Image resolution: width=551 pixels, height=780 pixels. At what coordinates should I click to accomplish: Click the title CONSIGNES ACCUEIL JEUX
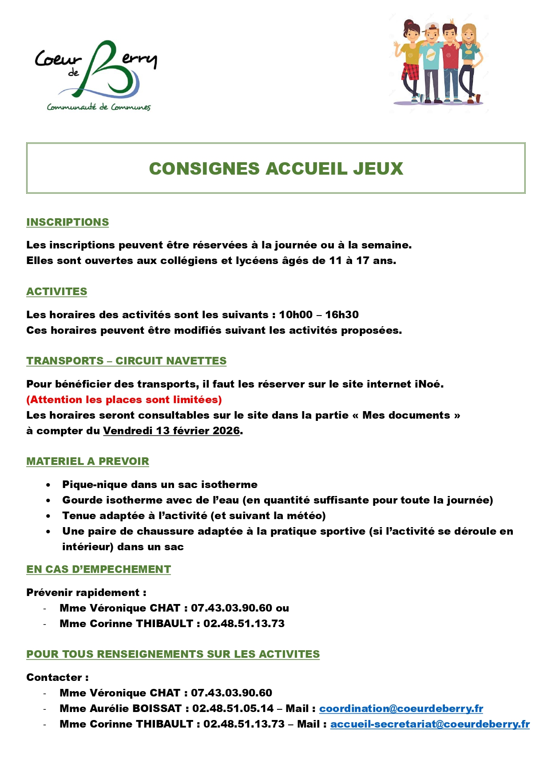click(276, 168)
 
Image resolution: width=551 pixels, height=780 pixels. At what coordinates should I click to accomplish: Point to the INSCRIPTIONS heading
click(67, 222)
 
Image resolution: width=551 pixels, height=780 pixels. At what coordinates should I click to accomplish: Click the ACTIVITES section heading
click(57, 292)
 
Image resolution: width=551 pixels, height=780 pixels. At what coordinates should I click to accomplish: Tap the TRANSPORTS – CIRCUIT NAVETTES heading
click(126, 361)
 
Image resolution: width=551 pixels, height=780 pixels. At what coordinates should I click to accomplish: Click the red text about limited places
click(124, 400)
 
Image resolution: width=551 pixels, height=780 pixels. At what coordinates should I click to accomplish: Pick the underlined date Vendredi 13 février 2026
click(171, 431)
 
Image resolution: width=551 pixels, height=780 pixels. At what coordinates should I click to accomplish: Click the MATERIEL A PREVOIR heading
click(87, 461)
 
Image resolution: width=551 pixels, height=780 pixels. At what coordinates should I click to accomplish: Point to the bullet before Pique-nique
click(48, 485)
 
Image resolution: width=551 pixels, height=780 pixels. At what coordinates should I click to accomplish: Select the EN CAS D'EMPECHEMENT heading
click(99, 569)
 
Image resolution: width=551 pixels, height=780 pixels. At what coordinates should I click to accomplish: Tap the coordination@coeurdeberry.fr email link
click(401, 708)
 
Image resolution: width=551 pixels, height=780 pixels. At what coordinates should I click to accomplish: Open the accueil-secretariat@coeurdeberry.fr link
click(430, 724)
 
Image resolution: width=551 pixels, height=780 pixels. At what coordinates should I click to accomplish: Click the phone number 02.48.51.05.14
click(233, 708)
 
